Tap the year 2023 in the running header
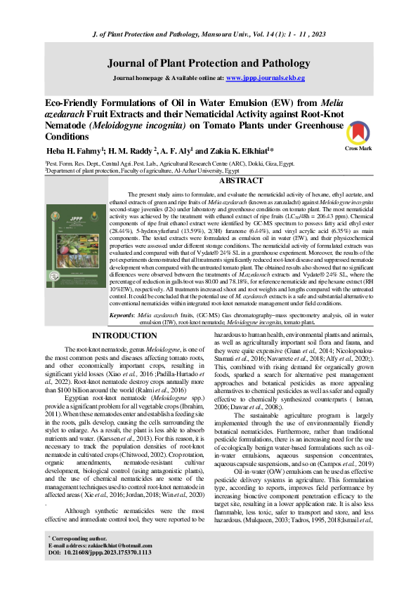(x=315, y=34)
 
